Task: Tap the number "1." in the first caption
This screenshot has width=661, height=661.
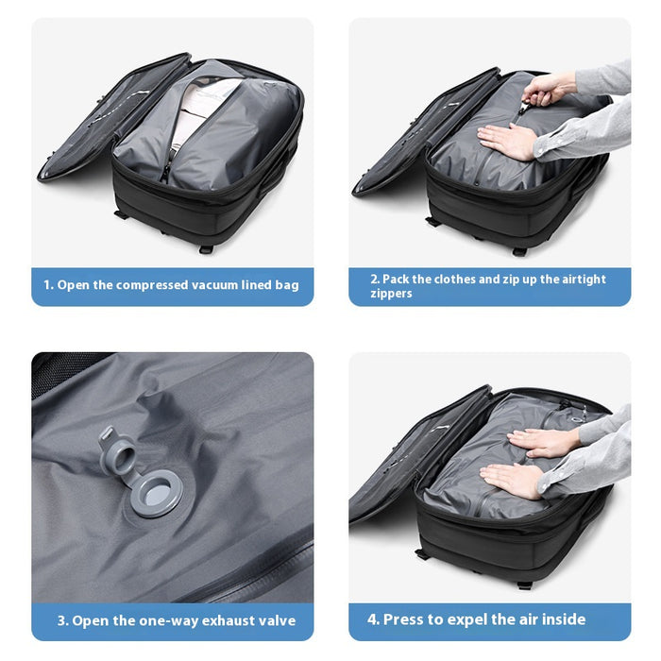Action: click(x=49, y=285)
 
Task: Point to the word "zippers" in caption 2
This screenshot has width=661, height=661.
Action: click(x=393, y=294)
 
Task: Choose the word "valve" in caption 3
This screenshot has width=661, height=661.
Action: click(x=276, y=620)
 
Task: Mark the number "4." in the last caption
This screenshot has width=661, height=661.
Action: click(x=374, y=619)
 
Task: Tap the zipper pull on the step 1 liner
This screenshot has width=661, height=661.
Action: click(x=165, y=171)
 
